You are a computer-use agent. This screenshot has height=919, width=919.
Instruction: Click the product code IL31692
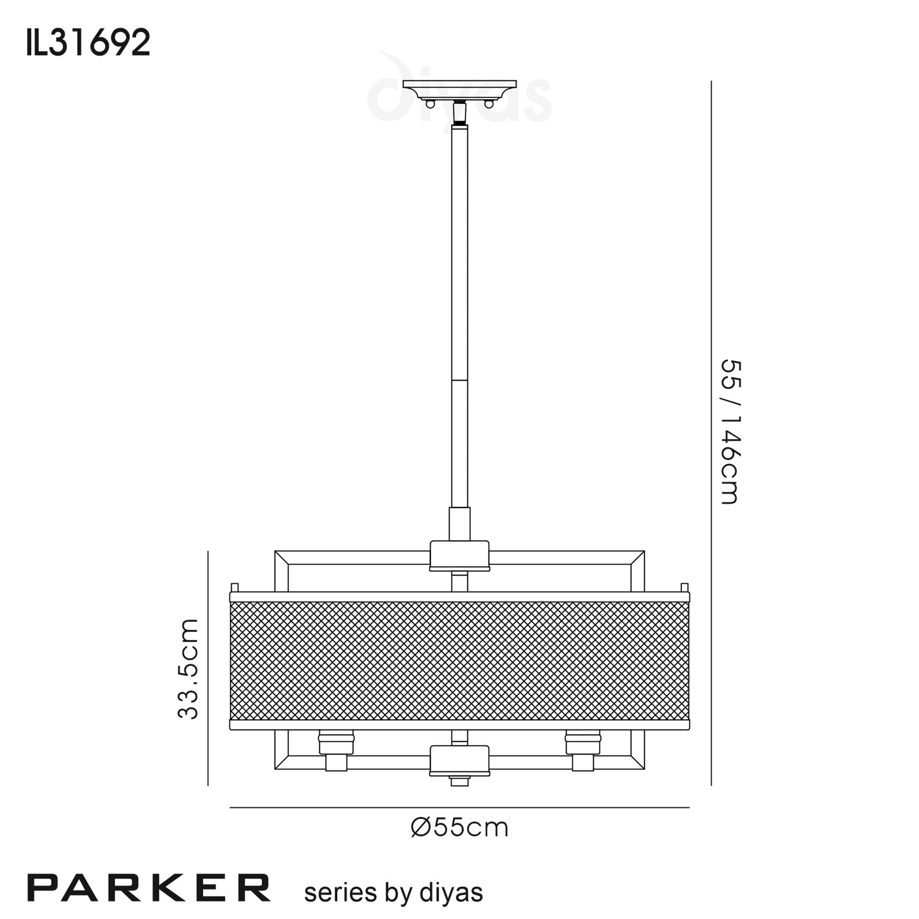click(x=89, y=42)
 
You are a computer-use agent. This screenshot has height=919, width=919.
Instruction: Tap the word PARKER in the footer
click(x=149, y=888)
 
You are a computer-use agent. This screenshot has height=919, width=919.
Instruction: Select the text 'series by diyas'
click(x=393, y=892)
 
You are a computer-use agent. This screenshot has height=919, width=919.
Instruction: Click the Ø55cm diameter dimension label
click(x=459, y=828)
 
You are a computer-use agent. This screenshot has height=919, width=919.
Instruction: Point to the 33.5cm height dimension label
click(x=188, y=668)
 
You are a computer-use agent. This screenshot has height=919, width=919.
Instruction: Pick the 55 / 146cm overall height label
click(x=730, y=432)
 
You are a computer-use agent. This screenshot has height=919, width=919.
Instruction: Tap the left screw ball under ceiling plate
click(x=430, y=104)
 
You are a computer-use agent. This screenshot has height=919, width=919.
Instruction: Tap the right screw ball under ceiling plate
click(x=488, y=104)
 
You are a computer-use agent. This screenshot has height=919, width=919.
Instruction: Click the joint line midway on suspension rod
click(x=459, y=380)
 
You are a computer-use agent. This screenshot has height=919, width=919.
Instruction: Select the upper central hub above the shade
click(x=459, y=555)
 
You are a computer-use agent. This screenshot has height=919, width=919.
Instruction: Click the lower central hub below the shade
click(x=459, y=760)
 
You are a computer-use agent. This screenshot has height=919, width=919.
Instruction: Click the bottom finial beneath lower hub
click(x=459, y=781)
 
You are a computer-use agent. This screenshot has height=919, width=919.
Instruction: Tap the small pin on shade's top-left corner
click(x=234, y=587)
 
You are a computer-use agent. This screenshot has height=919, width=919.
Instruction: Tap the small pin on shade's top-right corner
click(x=685, y=587)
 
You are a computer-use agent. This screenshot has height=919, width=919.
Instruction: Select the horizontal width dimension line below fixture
click(x=459, y=808)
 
